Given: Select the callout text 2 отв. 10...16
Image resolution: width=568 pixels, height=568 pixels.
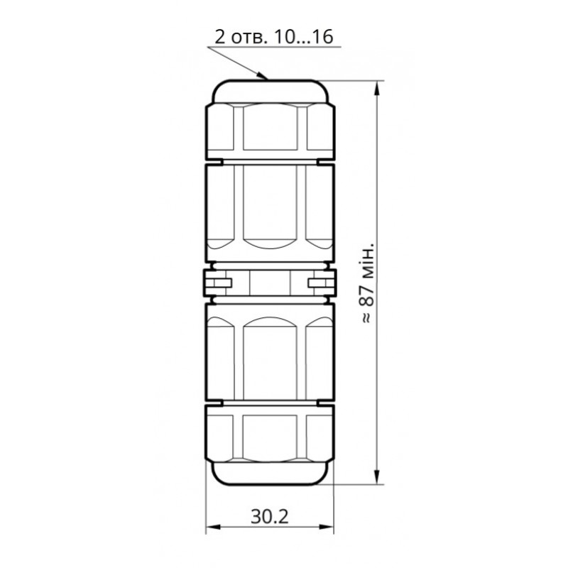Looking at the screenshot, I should click(273, 37).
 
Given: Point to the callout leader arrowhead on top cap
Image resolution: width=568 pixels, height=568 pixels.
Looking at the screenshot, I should click(264, 76).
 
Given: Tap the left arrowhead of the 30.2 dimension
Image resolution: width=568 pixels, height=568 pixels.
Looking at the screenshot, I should click(211, 528).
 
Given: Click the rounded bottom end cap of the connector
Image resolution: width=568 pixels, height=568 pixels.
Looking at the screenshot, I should click(269, 474).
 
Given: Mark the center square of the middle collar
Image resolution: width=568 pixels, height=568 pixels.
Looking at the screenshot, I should click(269, 283).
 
